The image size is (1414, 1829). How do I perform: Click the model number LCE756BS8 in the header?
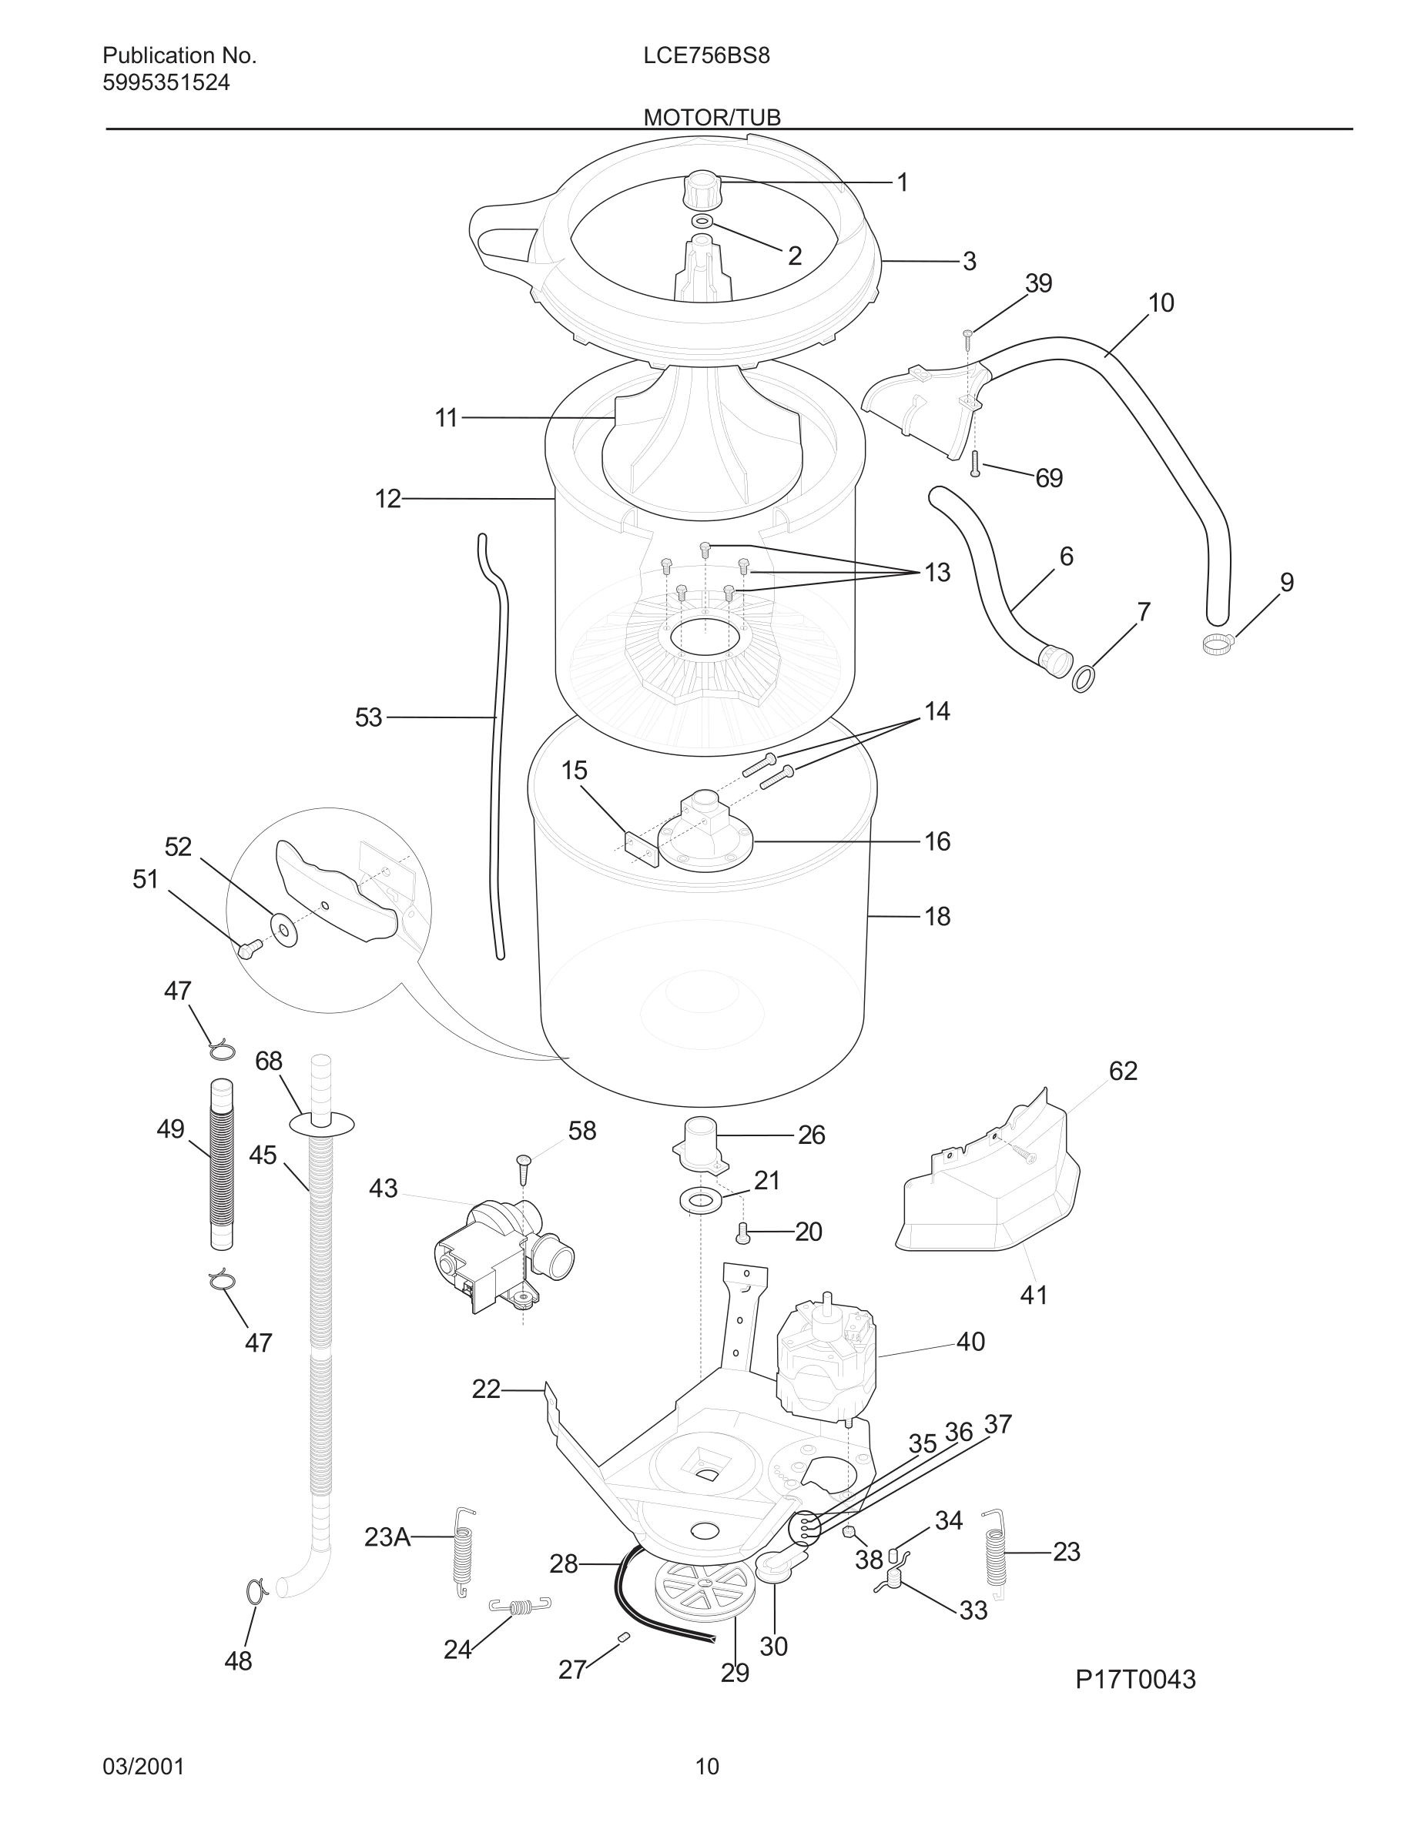coord(706,56)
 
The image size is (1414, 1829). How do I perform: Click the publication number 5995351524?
coord(166,83)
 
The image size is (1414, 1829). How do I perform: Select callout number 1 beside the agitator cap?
coord(902,182)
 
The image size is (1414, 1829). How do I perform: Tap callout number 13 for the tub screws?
coord(937,573)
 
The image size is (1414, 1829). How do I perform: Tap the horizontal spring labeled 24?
coord(519,1606)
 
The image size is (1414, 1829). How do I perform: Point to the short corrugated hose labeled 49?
coord(221,1165)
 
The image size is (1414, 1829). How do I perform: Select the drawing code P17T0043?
coord(1135,1679)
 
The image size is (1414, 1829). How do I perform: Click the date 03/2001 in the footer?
coord(143,1767)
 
